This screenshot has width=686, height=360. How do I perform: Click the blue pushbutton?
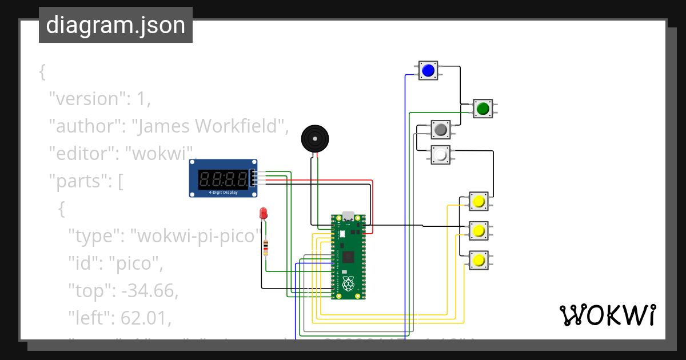click(x=428, y=71)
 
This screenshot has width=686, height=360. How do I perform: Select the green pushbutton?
click(x=483, y=108)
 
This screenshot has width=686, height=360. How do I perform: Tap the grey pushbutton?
click(x=440, y=130)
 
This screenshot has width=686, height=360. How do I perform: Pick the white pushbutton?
click(x=440, y=155)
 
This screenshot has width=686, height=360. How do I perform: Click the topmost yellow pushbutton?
click(x=478, y=202)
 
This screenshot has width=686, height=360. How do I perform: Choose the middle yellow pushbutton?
click(x=478, y=231)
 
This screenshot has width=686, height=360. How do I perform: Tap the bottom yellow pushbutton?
click(x=478, y=261)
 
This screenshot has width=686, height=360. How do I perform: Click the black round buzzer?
click(x=315, y=139)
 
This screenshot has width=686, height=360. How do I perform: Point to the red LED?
click(x=264, y=214)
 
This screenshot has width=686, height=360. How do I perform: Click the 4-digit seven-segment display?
click(x=223, y=179)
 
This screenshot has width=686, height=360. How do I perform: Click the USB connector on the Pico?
click(x=348, y=217)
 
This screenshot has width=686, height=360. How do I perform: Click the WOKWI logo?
click(x=607, y=315)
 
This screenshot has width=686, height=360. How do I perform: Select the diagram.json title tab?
click(x=115, y=25)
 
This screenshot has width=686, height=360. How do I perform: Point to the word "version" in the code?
click(x=86, y=98)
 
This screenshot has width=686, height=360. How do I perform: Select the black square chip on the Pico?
click(x=349, y=256)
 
